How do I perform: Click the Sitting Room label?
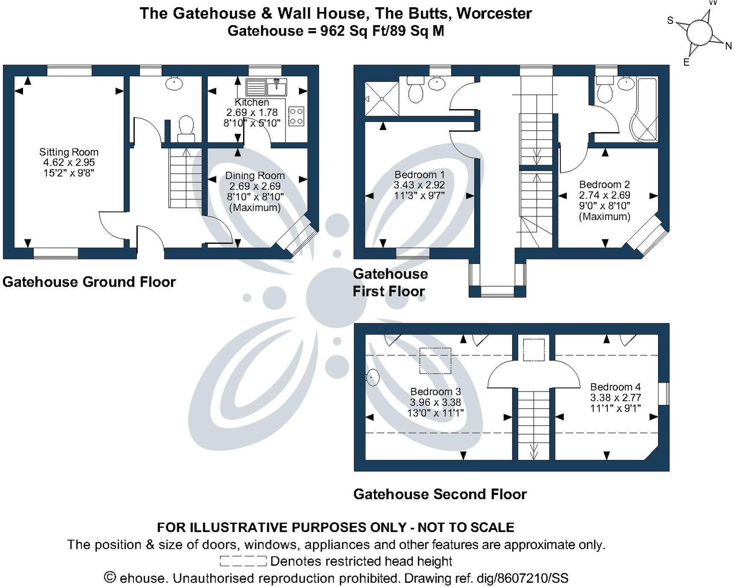69,152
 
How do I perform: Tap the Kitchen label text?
252,102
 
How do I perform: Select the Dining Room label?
255,175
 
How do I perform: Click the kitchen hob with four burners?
296,116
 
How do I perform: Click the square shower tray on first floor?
382,99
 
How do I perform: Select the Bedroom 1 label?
419,174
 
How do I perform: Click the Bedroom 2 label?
604,185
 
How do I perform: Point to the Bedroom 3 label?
436,392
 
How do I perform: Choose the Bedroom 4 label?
615,387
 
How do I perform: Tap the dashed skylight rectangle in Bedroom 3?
435,361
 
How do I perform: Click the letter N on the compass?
728,46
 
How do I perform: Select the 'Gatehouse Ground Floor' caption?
89,282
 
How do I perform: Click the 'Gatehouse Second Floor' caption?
440,494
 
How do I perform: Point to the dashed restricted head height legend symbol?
243,561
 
